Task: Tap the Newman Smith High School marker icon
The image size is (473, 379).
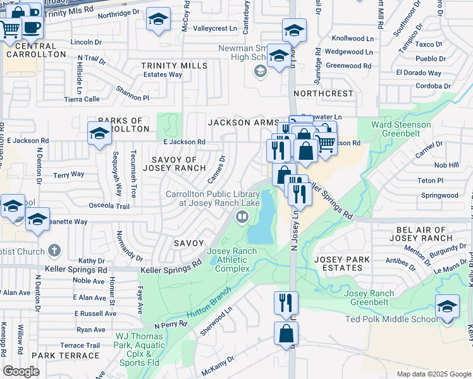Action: coord(260,72)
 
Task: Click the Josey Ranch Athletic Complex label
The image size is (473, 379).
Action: coord(232,260)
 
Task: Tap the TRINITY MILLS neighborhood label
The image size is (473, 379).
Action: coord(174,66)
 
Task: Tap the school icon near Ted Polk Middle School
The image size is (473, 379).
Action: coord(447,306)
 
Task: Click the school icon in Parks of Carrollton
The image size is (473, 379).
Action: coord(99,133)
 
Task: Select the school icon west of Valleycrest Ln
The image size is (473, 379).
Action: coord(158,19)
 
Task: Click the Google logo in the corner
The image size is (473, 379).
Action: coord(21,371)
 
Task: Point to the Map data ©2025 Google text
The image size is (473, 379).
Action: coord(433,374)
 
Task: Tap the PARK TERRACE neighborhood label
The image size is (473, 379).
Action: coord(65,356)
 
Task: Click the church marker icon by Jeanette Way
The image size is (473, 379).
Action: coord(54,251)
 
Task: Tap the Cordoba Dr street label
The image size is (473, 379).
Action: coord(420,86)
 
